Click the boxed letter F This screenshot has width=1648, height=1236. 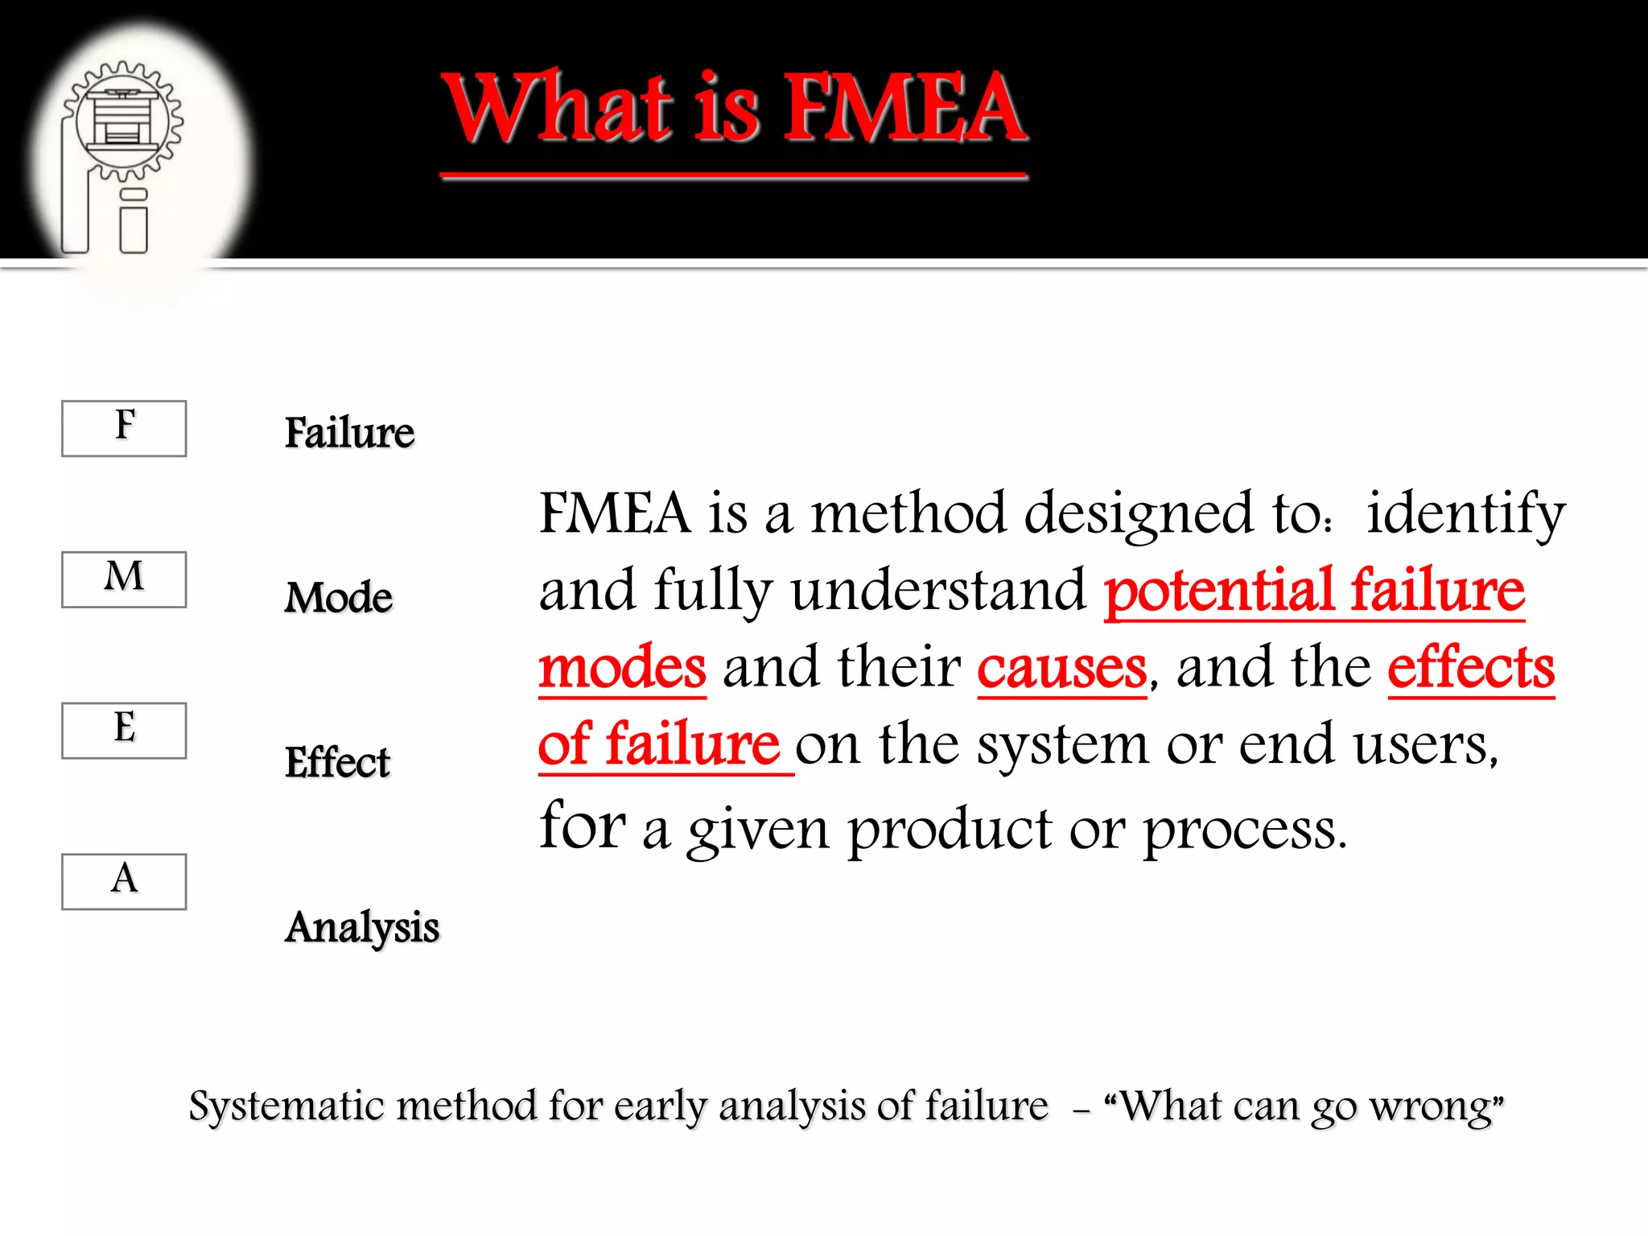(x=124, y=427)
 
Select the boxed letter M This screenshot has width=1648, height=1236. (x=124, y=579)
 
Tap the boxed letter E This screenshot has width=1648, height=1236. (x=124, y=730)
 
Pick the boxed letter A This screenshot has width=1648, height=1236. (x=124, y=881)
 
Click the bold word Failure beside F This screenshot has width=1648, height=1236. (x=349, y=433)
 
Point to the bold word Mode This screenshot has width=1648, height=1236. (x=339, y=598)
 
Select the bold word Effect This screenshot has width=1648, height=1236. (x=337, y=762)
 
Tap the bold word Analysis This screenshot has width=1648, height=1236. (x=362, y=927)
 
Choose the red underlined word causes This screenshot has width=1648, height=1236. (x=1061, y=668)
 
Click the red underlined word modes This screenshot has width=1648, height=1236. (x=622, y=668)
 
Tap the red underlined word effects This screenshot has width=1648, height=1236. (x=1471, y=668)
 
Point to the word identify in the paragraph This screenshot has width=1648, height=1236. (x=1465, y=513)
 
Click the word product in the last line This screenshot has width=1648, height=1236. (x=950, y=830)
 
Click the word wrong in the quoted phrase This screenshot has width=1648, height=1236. (x=1436, y=1106)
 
